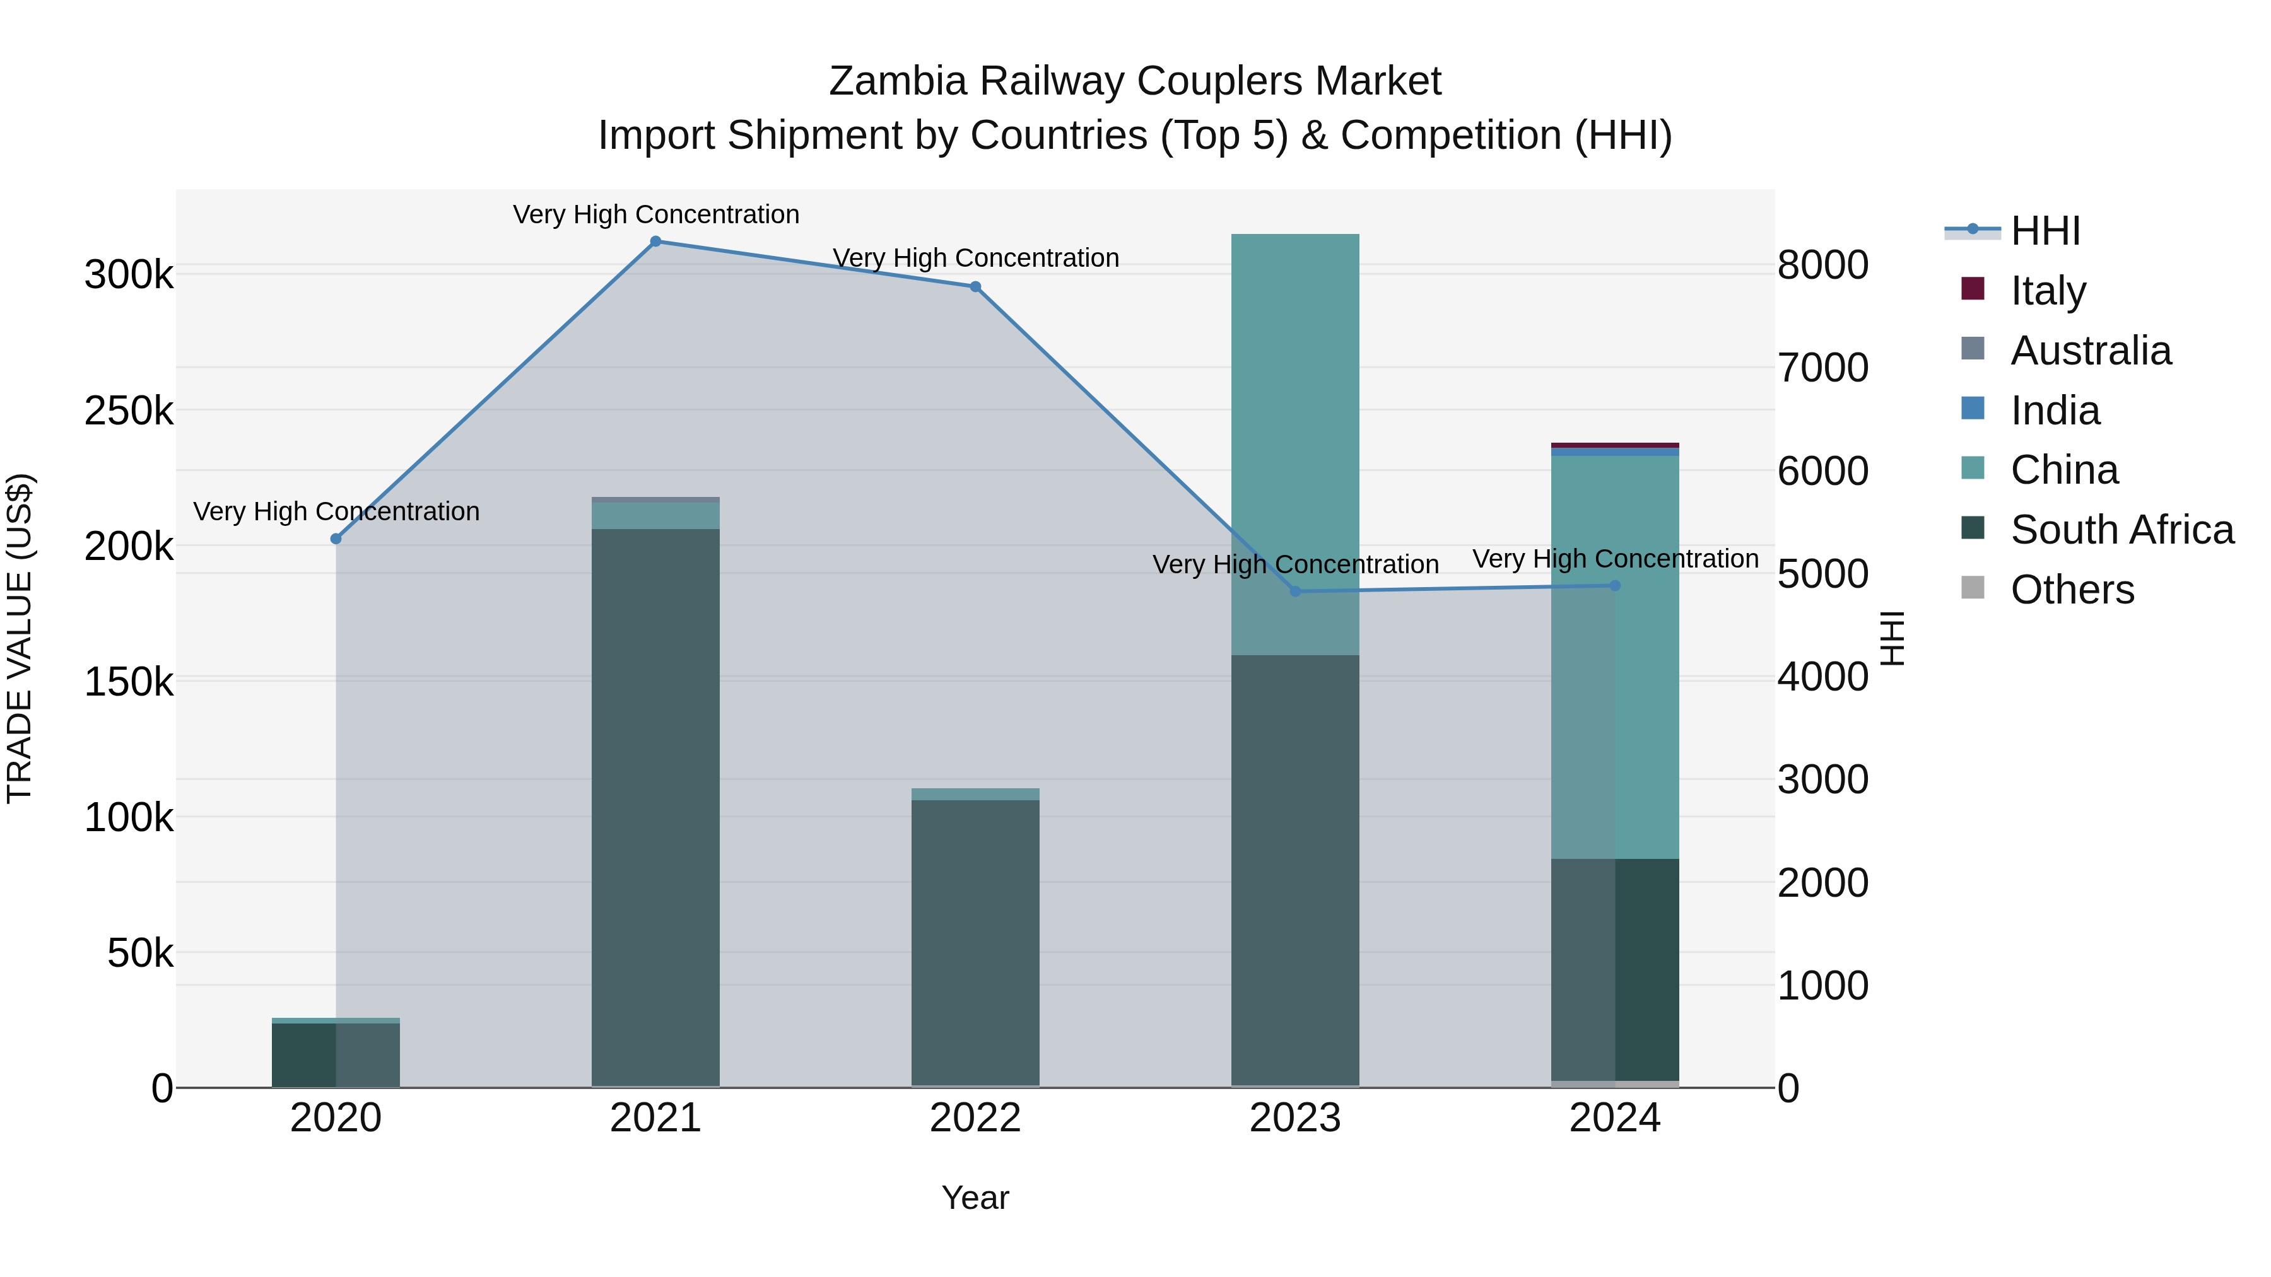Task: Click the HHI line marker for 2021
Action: [655, 242]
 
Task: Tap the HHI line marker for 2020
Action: [336, 539]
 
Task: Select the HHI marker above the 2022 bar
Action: [975, 286]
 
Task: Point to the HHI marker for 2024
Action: [1615, 585]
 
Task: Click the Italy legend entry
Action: [2048, 290]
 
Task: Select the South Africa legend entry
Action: [2121, 530]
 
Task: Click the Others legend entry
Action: [2072, 590]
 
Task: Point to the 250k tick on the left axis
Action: [129, 411]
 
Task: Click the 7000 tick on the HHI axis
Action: [1822, 368]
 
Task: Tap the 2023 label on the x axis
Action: [1295, 1118]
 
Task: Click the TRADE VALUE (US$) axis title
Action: [20, 638]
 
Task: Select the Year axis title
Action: [975, 1198]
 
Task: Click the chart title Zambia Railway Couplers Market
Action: [1135, 81]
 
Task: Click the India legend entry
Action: [2055, 411]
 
